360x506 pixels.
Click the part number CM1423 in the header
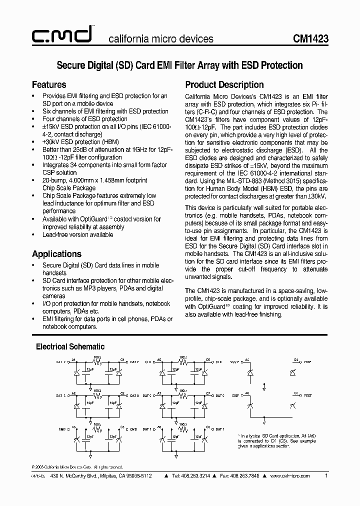coord(310,38)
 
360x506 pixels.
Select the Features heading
coord(49,84)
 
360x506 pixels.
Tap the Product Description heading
coord(224,84)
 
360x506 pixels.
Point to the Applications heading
coord(56,253)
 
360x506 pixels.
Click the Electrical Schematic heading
coord(70,346)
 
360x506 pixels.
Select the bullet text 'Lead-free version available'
coord(77,234)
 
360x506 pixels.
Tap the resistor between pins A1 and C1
coord(98,361)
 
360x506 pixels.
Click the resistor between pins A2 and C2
coord(98,395)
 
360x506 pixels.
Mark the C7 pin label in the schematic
coord(208,393)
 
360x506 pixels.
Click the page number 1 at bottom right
coord(326,476)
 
